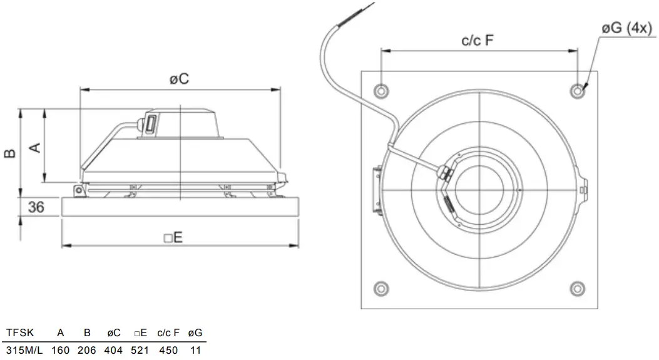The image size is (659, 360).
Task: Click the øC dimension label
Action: click(x=180, y=80)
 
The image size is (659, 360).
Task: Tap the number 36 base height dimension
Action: click(x=36, y=207)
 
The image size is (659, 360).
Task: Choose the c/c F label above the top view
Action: click(x=478, y=41)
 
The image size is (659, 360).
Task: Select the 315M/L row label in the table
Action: click(x=24, y=350)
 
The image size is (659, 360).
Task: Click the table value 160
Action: click(x=61, y=350)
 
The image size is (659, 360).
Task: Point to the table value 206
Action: click(x=86, y=350)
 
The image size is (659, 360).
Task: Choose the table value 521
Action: click(x=140, y=350)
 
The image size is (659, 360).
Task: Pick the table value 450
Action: click(x=168, y=350)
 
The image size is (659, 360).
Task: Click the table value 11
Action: click(x=195, y=350)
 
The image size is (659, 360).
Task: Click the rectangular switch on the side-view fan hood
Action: click(x=151, y=123)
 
